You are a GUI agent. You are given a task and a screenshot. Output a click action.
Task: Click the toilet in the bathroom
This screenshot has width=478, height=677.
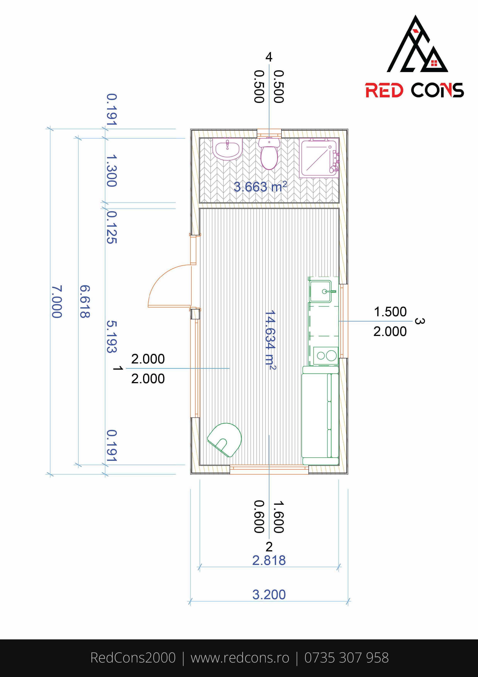269,153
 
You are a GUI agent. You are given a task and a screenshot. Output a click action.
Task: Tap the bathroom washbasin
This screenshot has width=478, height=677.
227,149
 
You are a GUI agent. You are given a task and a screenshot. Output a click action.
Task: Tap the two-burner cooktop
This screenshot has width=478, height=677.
326,356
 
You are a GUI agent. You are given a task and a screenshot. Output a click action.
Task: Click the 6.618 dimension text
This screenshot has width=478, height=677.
84,301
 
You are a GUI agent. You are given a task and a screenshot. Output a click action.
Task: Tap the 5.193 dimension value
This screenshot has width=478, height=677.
112,337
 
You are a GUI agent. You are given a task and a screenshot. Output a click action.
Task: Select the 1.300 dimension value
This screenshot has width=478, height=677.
112,171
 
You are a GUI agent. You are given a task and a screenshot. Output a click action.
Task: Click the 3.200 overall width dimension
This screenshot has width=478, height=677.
269,595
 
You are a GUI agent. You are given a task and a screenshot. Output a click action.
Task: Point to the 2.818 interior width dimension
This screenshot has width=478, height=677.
269,560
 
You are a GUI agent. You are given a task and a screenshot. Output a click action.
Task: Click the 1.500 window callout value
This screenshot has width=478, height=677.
390,312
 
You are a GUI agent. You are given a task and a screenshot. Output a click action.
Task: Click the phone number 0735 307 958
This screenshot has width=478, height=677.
347,658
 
